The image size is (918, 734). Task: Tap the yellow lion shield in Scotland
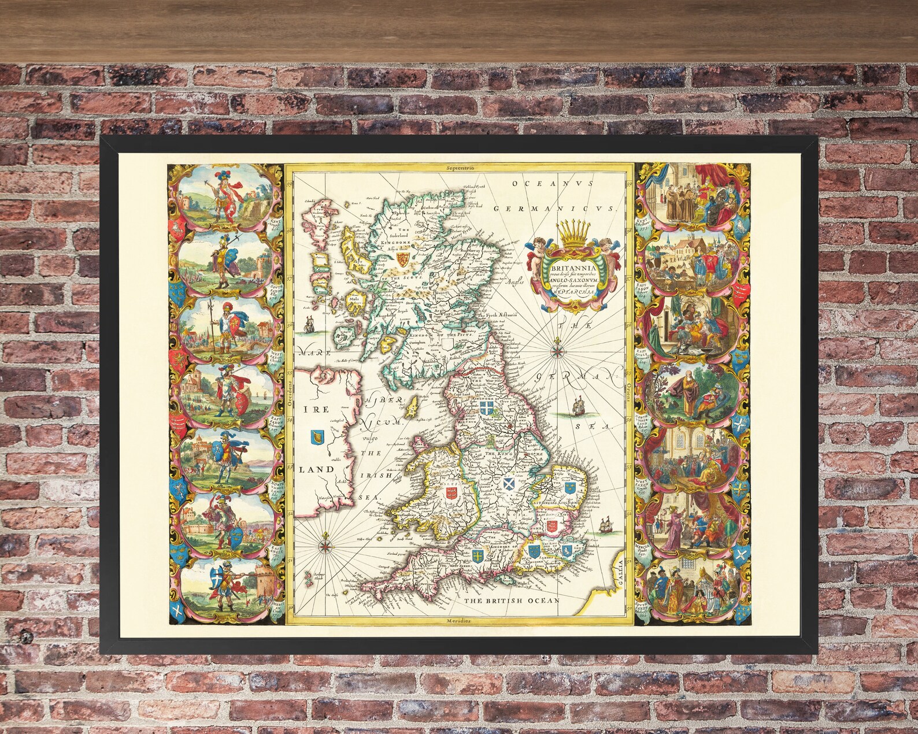(403, 260)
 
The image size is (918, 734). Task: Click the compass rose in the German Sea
(558, 348)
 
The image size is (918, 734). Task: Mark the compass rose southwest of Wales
(325, 543)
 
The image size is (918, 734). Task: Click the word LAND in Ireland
(316, 470)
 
